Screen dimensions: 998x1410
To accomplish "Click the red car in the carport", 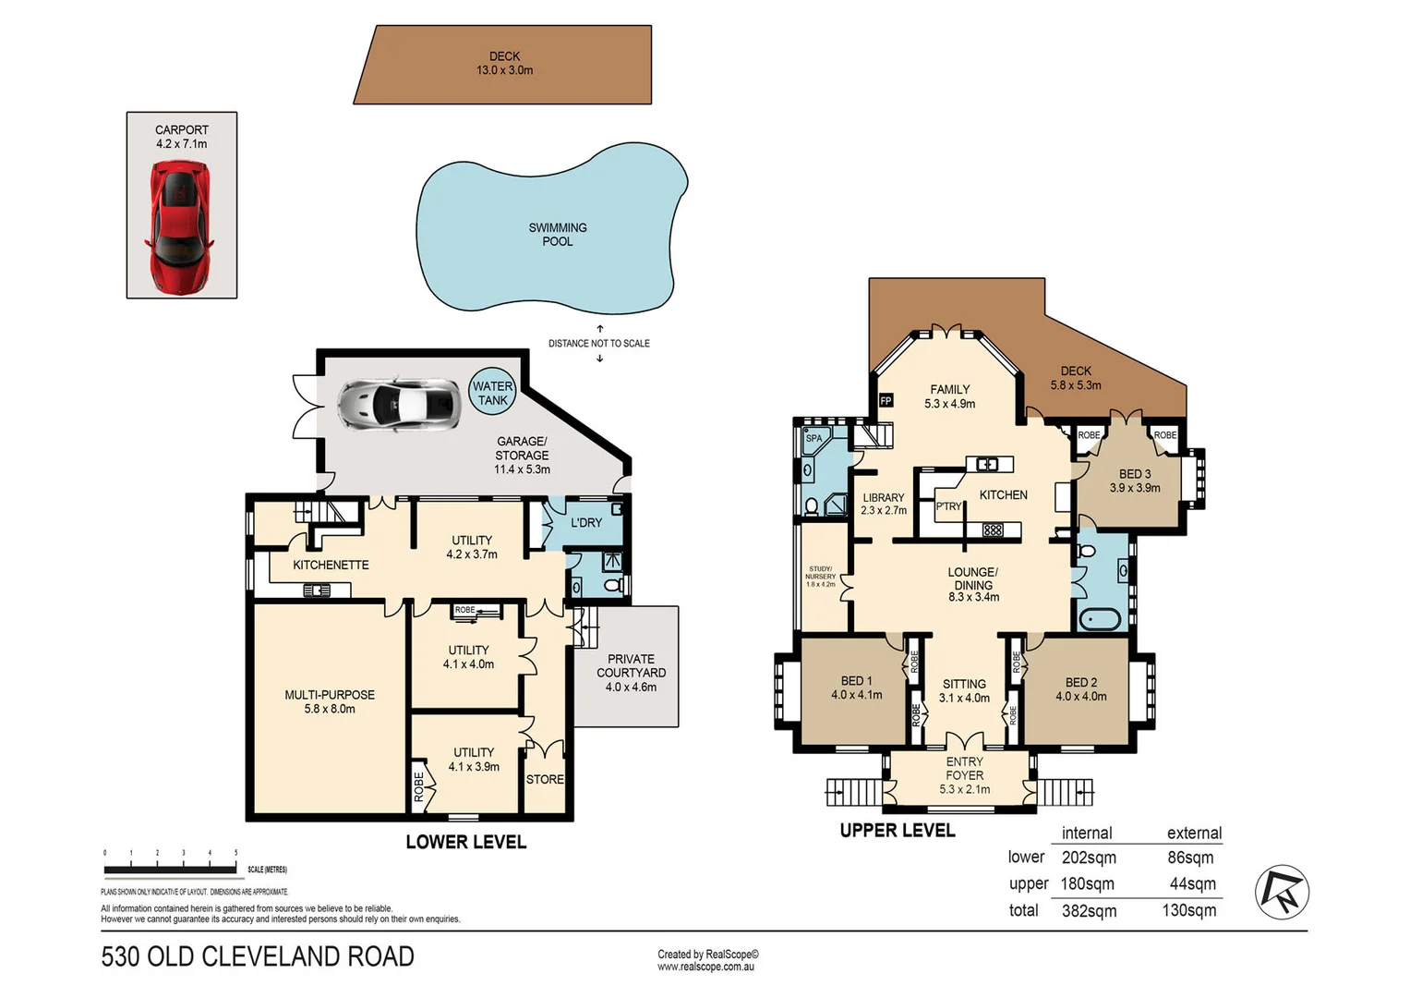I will point(180,225).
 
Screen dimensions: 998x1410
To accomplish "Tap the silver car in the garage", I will point(398,404).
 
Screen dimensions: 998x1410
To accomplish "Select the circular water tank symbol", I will point(492,394).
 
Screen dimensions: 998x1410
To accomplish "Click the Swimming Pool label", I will point(557,235).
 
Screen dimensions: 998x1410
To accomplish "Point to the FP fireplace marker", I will point(886,400).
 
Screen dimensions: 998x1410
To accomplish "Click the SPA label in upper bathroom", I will point(813,438).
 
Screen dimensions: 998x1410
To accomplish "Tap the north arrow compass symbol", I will point(1282,892).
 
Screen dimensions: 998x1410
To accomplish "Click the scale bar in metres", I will point(170,870).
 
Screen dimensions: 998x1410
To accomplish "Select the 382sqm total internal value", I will point(1089,911).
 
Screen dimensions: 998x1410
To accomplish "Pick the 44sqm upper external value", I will point(1192,884).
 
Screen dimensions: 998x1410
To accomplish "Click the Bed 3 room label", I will point(1135,481).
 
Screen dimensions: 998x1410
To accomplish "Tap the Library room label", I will point(884,504).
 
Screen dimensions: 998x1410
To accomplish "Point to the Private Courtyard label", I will point(631,673).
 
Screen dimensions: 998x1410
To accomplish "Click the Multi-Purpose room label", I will point(330,701).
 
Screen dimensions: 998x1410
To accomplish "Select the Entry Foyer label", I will point(964,775).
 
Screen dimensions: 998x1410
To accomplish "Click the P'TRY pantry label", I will point(948,506).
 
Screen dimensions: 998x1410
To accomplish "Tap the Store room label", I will point(545,780).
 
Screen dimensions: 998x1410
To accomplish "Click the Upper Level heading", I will point(898,831).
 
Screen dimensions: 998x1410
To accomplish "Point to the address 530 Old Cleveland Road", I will point(258,956).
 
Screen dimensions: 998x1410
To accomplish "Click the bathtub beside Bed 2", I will point(1099,619).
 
